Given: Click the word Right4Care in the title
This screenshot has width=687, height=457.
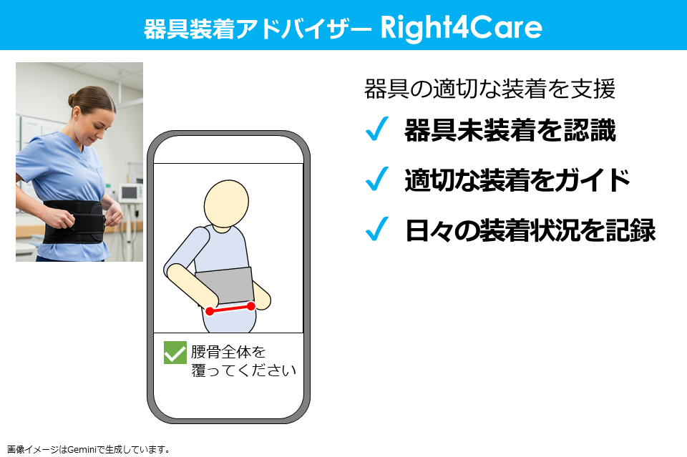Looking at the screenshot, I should click(462, 27).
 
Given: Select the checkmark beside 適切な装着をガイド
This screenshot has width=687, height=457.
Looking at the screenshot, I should click(376, 180).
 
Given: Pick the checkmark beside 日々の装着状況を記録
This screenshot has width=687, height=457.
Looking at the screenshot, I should click(376, 230).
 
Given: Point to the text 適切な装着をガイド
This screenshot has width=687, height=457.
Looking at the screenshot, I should click(517, 180).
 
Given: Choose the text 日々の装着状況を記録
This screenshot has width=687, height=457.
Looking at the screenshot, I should click(530, 230).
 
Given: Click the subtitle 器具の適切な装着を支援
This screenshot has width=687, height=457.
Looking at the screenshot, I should click(489, 89).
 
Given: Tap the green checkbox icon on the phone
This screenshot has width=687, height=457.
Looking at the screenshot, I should click(175, 353).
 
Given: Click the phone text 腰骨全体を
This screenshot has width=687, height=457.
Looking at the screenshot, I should click(228, 352).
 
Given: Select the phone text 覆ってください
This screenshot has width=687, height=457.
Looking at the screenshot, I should click(243, 370).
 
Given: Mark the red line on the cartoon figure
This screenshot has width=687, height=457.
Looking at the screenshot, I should click(230, 308).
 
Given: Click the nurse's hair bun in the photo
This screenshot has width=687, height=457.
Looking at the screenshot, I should click(74, 99).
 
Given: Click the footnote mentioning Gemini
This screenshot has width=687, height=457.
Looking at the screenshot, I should click(89, 450).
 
